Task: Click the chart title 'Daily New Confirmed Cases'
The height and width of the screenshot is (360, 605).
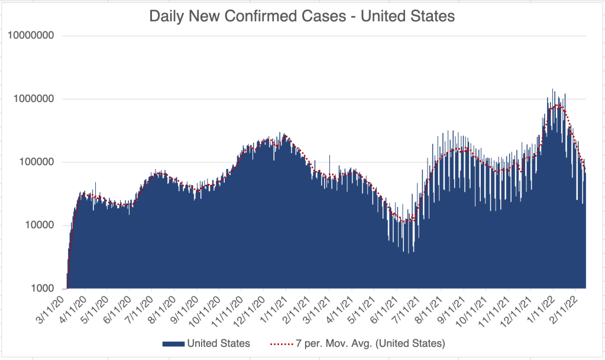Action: pos(248,16)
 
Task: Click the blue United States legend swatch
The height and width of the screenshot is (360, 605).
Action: pos(172,343)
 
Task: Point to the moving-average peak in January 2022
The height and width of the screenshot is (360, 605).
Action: pos(557,106)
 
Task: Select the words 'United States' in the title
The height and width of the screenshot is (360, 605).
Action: pos(407,16)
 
